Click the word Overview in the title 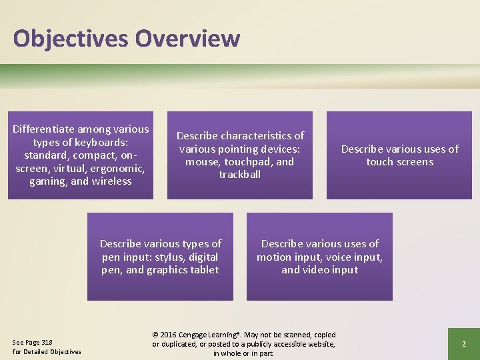coord(187,38)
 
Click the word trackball coord(239,175)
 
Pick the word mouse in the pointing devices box coord(201,162)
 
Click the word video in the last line coord(320,270)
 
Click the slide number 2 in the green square coord(463,344)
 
